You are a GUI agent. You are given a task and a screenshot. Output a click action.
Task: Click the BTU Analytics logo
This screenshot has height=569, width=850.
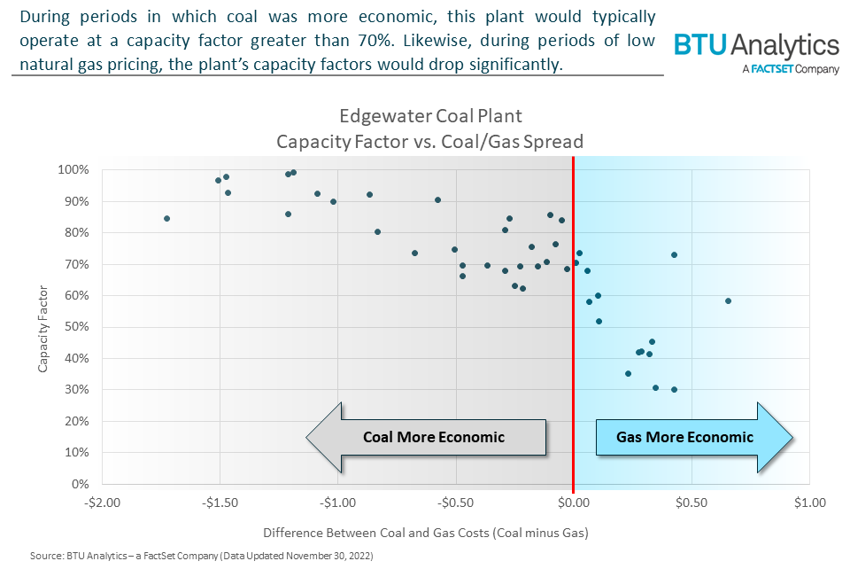755,45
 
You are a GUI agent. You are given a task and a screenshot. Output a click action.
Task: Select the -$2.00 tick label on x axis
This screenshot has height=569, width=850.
103,503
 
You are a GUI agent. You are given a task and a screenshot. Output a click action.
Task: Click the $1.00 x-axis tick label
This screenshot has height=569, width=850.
808,503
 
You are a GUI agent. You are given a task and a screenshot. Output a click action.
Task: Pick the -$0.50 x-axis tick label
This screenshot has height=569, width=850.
455,503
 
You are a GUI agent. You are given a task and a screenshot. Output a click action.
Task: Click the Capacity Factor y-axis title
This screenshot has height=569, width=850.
43,327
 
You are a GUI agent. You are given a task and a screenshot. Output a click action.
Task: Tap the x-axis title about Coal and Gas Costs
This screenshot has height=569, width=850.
426,534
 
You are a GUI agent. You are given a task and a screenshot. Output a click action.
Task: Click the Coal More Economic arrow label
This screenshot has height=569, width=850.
433,437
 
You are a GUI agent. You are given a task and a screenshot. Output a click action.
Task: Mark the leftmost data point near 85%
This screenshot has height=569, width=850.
166,218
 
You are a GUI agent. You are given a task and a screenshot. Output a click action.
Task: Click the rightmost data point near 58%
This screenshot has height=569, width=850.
728,301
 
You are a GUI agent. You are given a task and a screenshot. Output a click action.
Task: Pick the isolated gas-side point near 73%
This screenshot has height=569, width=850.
674,254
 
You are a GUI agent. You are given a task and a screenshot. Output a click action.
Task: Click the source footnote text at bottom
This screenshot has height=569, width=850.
201,556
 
